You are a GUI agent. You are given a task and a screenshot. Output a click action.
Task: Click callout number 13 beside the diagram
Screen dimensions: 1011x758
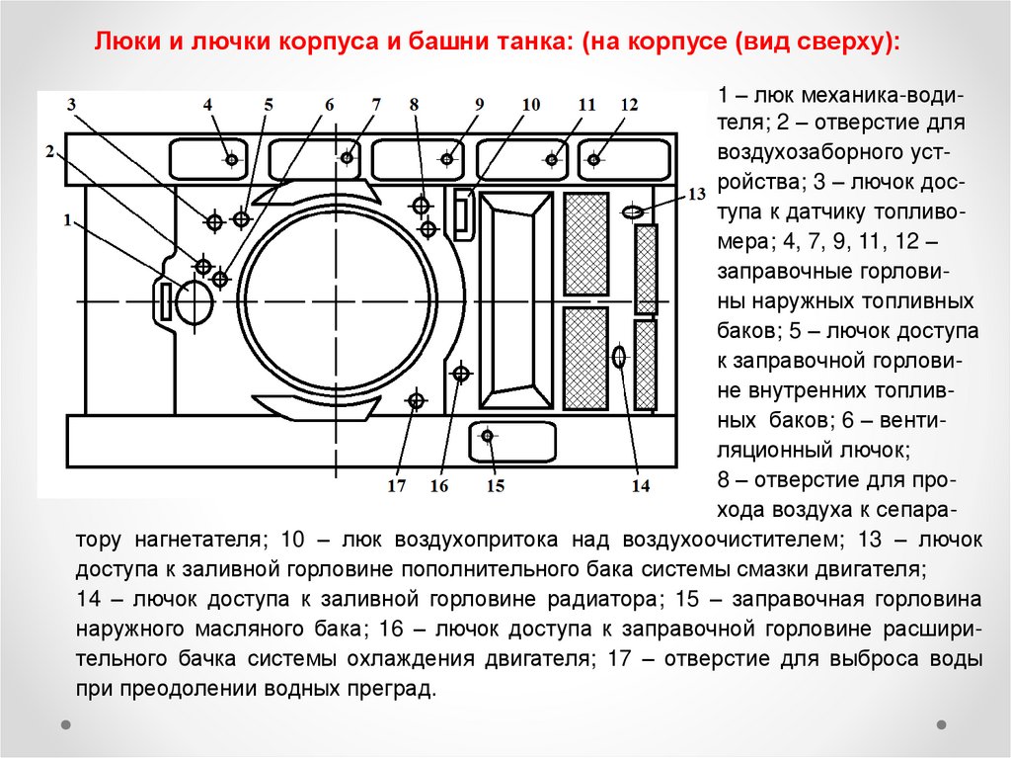tap(698, 194)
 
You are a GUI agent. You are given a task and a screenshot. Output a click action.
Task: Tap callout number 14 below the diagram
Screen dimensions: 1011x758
tap(641, 485)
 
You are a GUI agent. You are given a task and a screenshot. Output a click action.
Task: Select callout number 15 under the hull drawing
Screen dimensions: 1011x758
tap(495, 485)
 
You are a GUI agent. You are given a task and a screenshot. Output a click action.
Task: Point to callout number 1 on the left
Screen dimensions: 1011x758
tap(68, 221)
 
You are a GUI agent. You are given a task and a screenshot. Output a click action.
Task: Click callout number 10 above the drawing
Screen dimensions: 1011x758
tap(531, 105)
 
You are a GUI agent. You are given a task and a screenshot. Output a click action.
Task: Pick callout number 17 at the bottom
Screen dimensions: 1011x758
tap(397, 485)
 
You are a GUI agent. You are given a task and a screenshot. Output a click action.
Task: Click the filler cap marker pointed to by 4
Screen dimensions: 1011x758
tap(231, 158)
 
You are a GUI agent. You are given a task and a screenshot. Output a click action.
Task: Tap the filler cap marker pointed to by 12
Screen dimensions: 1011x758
tap(595, 158)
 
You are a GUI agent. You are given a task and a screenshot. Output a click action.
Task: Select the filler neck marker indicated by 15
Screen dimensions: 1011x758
tap(488, 435)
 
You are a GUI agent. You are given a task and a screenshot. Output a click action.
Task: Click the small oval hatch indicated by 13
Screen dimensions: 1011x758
tap(633, 211)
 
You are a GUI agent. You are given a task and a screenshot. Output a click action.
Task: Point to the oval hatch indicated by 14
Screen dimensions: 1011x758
tap(619, 357)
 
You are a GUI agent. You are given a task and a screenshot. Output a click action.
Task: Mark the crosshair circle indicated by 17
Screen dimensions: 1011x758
tap(416, 400)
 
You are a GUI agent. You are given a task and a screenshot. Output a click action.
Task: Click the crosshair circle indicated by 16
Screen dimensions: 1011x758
tap(460, 373)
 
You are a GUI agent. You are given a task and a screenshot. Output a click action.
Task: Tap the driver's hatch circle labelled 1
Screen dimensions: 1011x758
tap(194, 301)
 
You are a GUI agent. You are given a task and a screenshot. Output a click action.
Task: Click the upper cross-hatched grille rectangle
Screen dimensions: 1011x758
tap(585, 243)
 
